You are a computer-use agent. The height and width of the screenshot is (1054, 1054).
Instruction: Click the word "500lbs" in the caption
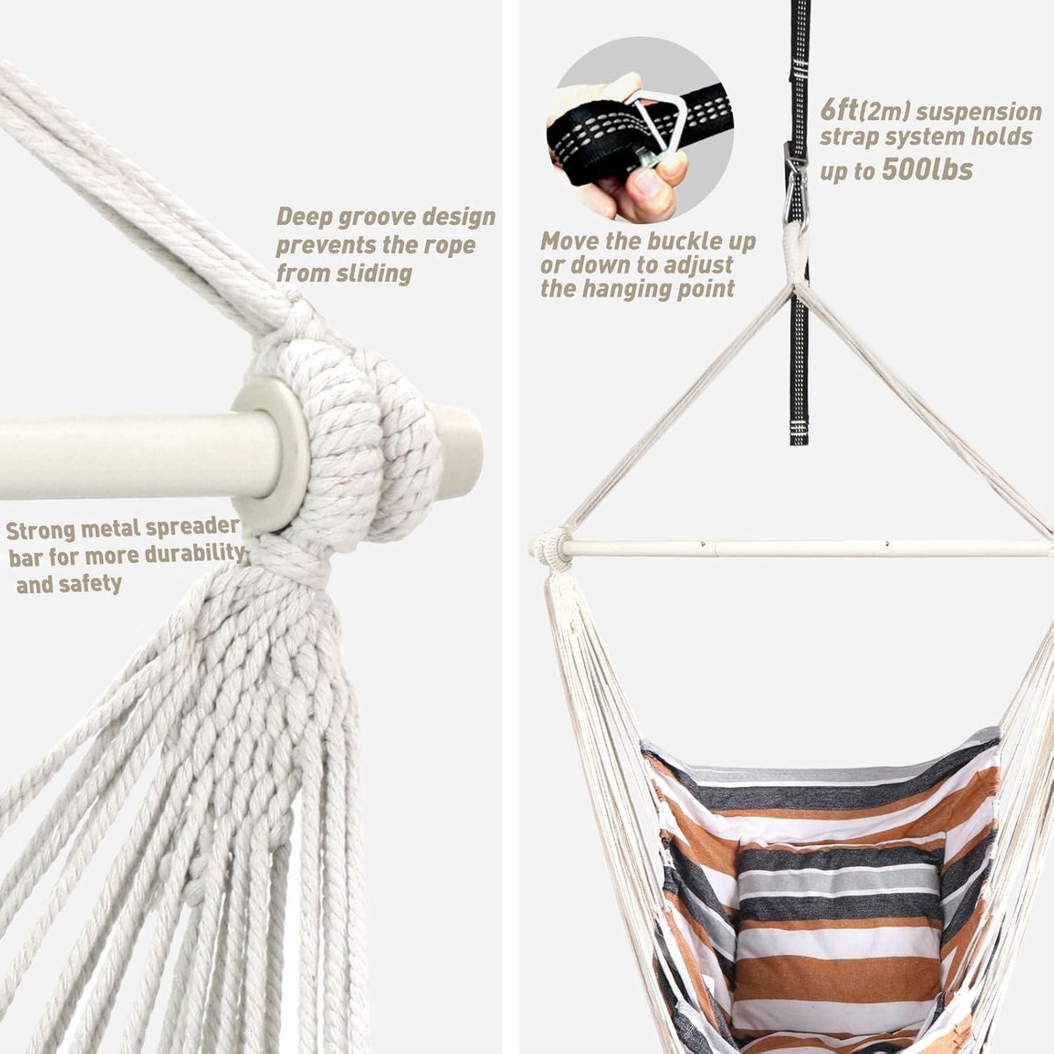(928, 170)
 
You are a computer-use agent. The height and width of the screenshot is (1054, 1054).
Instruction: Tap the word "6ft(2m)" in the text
(864, 112)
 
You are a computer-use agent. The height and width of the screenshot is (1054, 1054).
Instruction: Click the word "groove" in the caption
(372, 217)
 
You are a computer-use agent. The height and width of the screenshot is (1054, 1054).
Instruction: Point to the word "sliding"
(373, 273)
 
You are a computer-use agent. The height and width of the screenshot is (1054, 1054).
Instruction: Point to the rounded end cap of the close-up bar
(459, 451)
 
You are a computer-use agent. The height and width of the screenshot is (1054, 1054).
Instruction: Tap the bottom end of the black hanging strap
(798, 442)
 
